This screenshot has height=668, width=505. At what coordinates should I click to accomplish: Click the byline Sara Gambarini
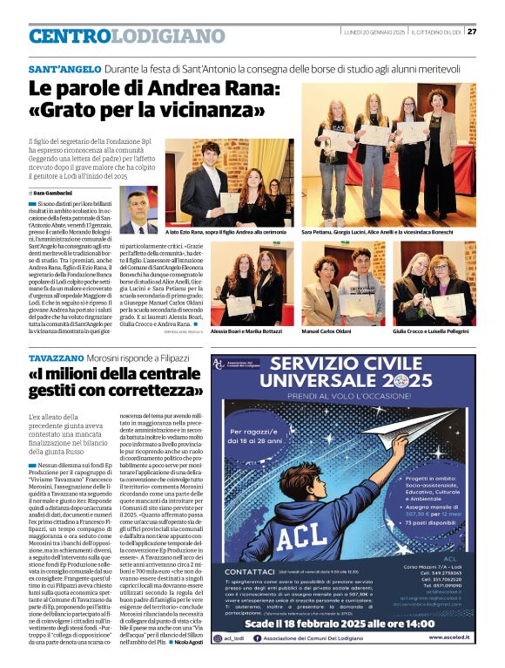pyautogui.click(x=54, y=193)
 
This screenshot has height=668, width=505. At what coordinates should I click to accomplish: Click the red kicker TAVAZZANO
pyautogui.click(x=56, y=358)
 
